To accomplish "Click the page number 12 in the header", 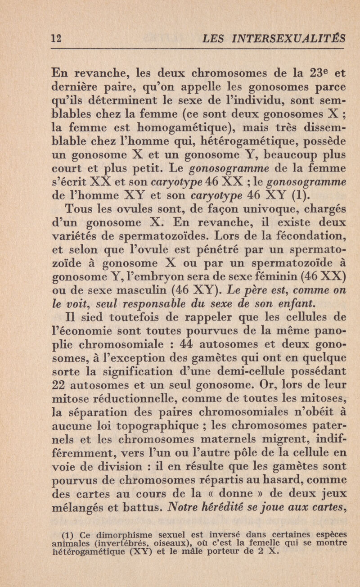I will point(18,39).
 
